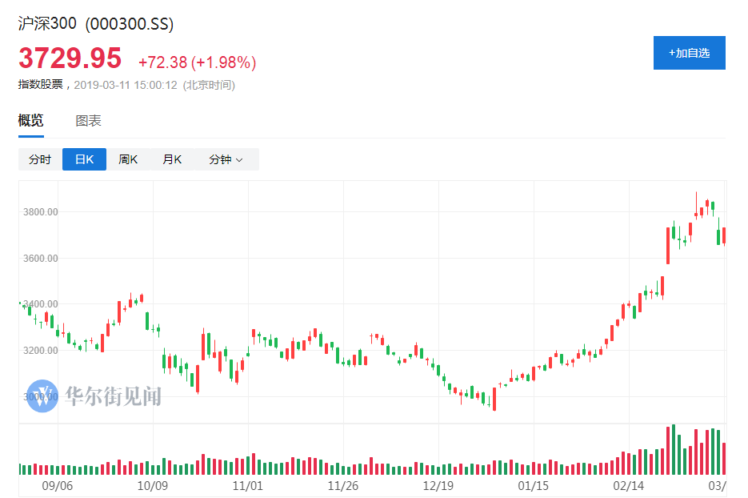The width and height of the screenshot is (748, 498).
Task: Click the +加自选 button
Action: click(x=689, y=53)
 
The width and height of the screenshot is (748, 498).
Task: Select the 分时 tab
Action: click(x=40, y=159)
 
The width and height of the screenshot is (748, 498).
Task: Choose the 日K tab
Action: click(x=84, y=159)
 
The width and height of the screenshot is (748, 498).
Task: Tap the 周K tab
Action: click(x=128, y=159)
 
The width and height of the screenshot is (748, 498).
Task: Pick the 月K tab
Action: click(x=172, y=159)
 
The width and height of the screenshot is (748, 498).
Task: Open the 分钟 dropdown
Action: click(x=226, y=159)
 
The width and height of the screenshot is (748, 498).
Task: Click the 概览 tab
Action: click(x=31, y=121)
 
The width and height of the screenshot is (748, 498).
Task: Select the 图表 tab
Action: click(x=88, y=121)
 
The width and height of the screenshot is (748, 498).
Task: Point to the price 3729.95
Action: click(x=70, y=58)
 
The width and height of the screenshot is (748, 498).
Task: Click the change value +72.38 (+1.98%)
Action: click(x=197, y=62)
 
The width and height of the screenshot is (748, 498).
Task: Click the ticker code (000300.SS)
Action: click(x=130, y=24)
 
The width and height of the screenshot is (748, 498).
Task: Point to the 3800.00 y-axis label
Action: click(x=41, y=212)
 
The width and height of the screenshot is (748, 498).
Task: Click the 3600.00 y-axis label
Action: click(x=41, y=259)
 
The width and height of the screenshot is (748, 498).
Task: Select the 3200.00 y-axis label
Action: click(x=41, y=351)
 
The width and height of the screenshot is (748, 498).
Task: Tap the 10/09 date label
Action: click(x=152, y=485)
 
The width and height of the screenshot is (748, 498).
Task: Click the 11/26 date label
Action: click(x=342, y=485)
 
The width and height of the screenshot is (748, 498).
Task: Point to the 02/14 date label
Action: click(x=629, y=485)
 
